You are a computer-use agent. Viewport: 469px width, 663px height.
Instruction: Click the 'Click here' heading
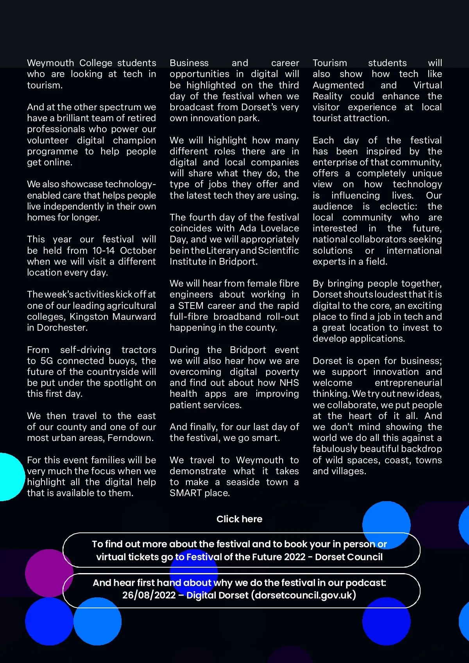tap(239, 519)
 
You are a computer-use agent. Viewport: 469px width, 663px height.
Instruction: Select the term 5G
tap(47, 361)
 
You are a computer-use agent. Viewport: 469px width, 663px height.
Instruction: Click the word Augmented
tap(338, 85)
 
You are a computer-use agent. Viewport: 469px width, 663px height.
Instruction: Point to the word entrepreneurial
tap(408, 383)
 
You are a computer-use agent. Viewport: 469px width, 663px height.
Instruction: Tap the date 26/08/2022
tap(149, 595)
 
